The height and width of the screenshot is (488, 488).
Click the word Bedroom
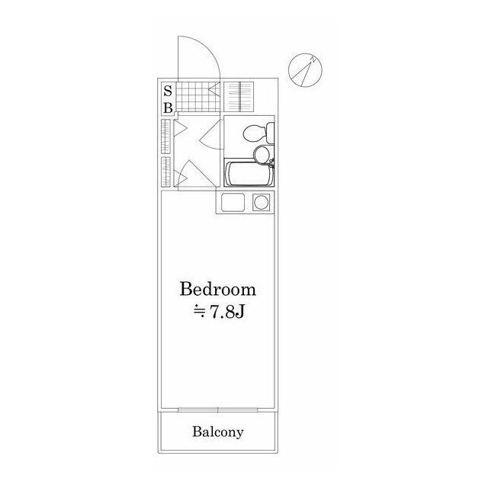click(218, 289)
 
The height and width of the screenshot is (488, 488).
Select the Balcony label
click(217, 432)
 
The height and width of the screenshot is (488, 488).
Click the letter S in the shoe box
click(168, 91)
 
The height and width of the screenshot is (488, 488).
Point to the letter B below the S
click(168, 108)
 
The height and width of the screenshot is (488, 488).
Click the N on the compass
click(313, 59)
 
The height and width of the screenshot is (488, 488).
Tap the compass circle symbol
click(305, 70)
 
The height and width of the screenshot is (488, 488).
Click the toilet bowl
click(254, 134)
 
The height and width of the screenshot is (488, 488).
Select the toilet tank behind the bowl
click(270, 133)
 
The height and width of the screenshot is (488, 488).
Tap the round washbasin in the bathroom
click(262, 154)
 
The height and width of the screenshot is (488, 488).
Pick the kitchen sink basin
click(233, 202)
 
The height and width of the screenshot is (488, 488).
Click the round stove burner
click(261, 203)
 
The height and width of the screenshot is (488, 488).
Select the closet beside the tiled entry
click(239, 97)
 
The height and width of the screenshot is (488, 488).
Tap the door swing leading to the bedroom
click(197, 174)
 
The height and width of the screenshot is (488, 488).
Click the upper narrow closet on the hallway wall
click(165, 136)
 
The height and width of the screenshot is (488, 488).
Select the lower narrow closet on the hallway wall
click(165, 172)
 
